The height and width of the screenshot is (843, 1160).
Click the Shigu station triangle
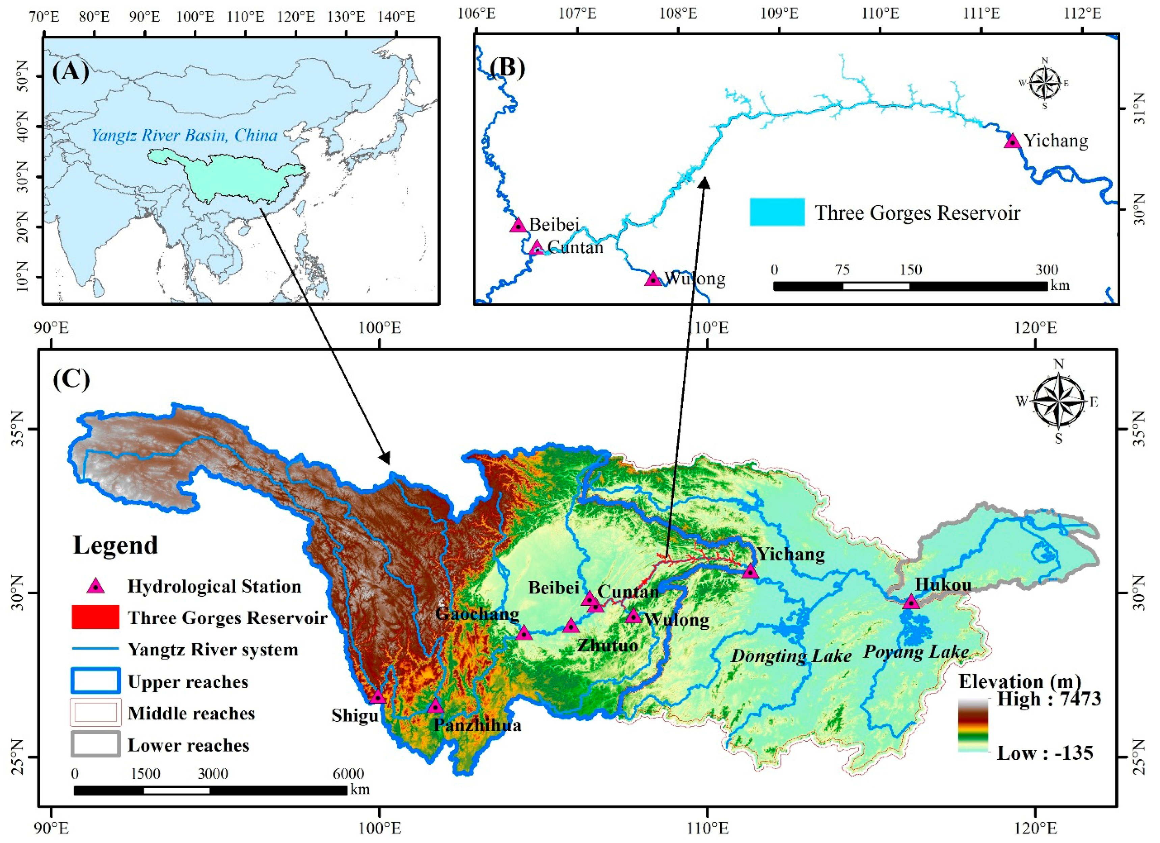click(x=377, y=697)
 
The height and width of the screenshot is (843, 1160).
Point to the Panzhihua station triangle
click(x=435, y=706)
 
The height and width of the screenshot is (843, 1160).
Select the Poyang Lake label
click(x=916, y=652)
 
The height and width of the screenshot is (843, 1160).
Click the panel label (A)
click(x=71, y=71)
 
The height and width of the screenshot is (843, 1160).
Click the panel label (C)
click(x=71, y=379)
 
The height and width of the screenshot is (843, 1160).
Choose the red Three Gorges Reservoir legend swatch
click(x=96, y=617)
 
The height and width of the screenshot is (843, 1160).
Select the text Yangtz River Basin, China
click(x=184, y=136)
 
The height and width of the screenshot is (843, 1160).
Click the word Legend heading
click(x=115, y=545)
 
